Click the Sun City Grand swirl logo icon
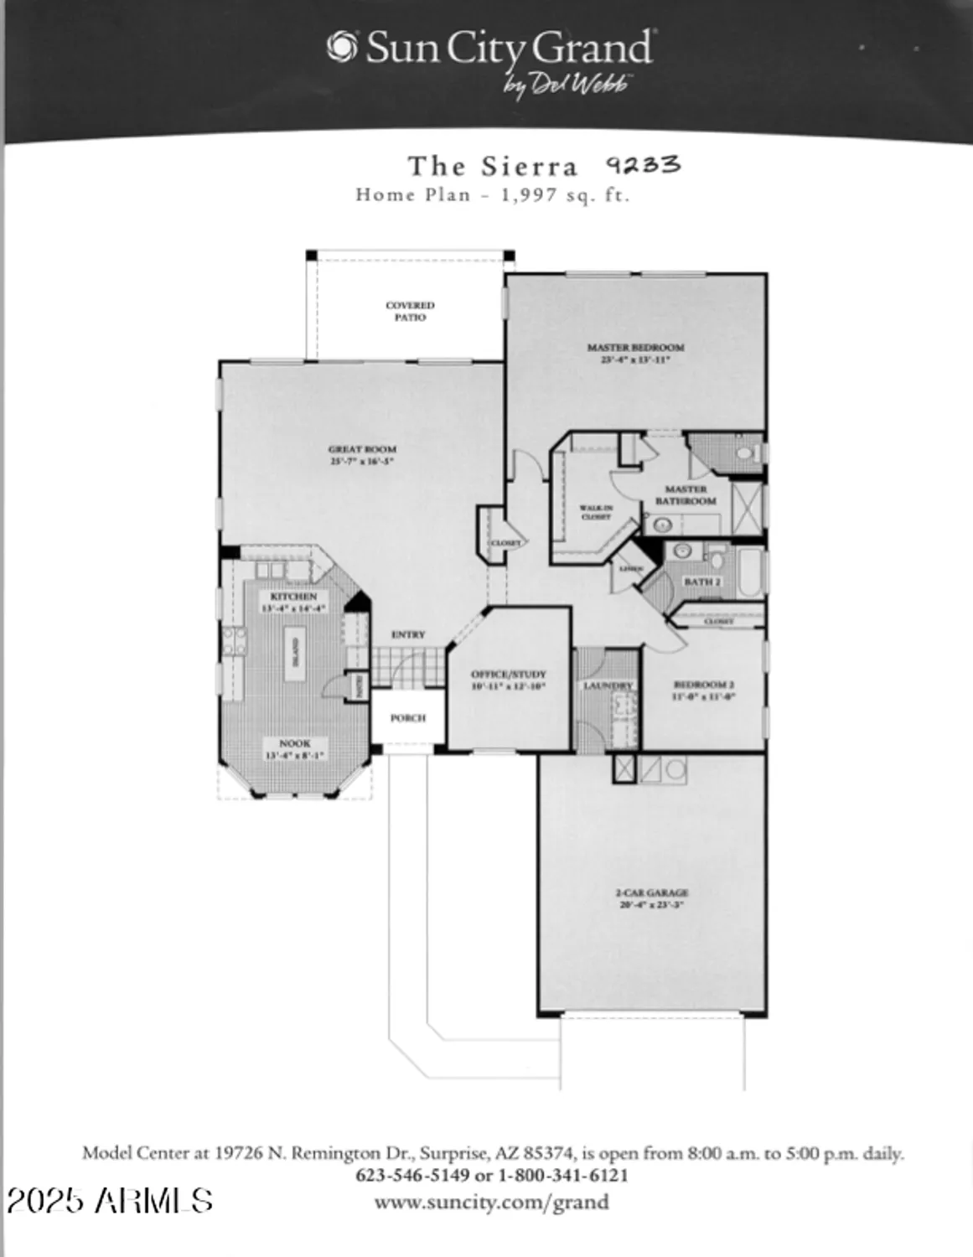343,47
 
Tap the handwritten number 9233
643,165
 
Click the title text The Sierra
493,167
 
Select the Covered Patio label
410,312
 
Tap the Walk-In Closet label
596,512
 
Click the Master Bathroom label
686,494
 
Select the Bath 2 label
701,582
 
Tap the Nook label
294,743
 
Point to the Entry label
408,635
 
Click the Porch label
408,718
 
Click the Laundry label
608,685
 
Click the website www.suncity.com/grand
491,1203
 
